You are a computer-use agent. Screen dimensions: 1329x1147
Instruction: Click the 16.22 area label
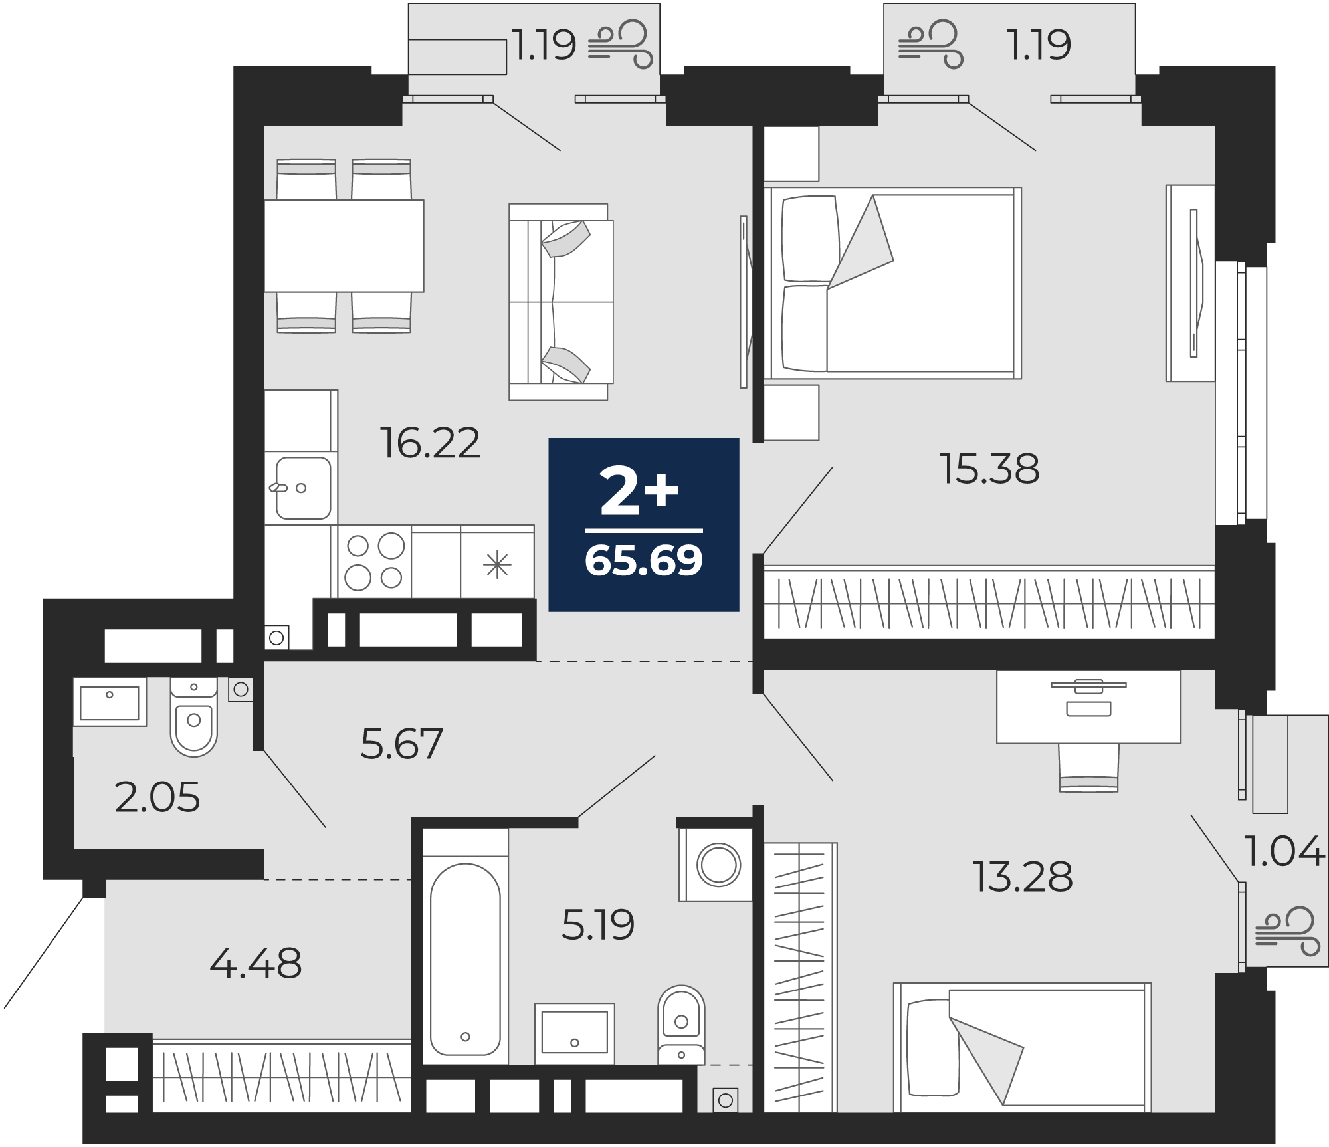point(430,443)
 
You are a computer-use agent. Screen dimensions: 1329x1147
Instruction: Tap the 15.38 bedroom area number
point(989,469)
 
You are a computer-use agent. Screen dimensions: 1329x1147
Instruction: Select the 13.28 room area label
point(1022,877)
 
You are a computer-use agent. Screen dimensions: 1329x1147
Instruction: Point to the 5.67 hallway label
point(401,744)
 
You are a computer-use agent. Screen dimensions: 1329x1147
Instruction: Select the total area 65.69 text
point(643,560)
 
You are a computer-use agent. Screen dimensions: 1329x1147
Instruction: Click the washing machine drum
point(718,865)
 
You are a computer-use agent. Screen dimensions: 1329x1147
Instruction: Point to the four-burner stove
point(374,562)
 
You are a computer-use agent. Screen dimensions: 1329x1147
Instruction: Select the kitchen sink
point(303,488)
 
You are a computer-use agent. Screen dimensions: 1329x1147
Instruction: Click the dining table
point(344,245)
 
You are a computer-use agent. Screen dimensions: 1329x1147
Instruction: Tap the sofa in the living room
point(560,302)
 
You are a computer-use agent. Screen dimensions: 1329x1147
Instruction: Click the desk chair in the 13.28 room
point(1088,768)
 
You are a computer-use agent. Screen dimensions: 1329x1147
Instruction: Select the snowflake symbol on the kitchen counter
point(497,565)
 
